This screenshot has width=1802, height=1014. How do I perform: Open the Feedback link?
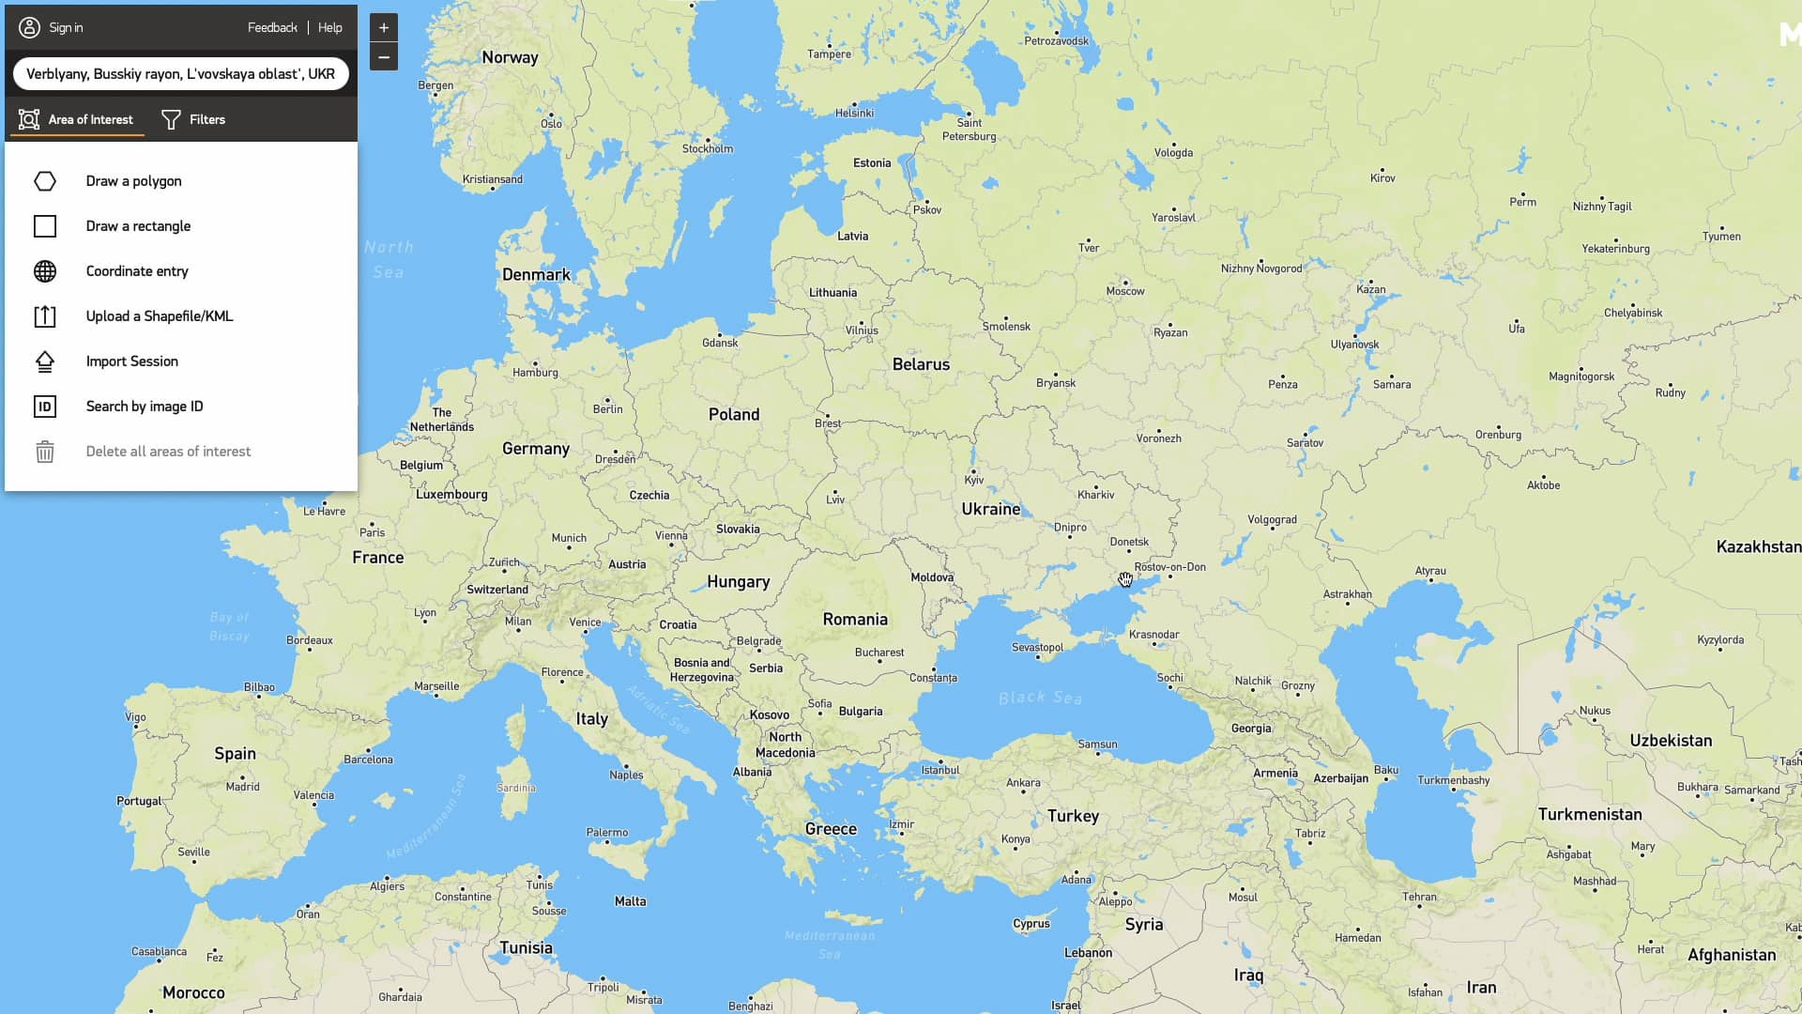[x=272, y=27]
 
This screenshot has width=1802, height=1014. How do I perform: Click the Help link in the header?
[x=329, y=27]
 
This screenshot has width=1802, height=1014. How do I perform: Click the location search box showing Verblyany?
[x=180, y=73]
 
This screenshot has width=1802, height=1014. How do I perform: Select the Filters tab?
[x=193, y=119]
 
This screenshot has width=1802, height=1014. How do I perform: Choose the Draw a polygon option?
[x=133, y=181]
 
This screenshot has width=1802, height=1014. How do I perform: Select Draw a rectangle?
[x=138, y=226]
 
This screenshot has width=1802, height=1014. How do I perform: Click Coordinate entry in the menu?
[x=137, y=271]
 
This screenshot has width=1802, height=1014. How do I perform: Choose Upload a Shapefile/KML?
[x=160, y=316]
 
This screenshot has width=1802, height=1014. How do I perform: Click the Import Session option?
[x=131, y=361]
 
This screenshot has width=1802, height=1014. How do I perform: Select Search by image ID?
[x=145, y=407]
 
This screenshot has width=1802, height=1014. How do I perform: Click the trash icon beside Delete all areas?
[x=45, y=452]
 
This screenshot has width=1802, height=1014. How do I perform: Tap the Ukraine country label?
[x=990, y=509]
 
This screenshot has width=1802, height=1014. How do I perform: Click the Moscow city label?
[x=1125, y=291]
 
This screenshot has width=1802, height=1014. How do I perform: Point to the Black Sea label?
[x=1040, y=698]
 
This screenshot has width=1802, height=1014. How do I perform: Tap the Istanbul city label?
[x=940, y=770]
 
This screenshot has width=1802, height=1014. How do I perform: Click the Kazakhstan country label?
[x=1758, y=546]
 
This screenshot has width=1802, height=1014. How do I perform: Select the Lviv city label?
[x=835, y=499]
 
